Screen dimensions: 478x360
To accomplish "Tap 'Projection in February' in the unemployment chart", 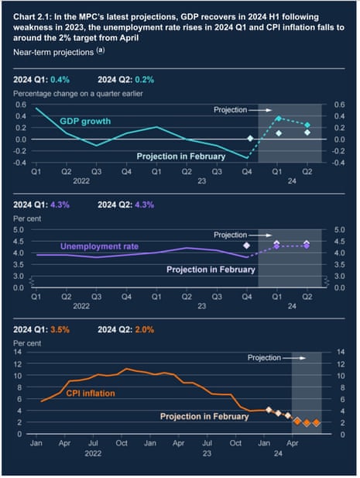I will [x=211, y=270].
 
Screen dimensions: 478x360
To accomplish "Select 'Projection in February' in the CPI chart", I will [x=204, y=416].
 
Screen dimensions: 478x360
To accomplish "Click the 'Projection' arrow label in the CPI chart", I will [x=266, y=358].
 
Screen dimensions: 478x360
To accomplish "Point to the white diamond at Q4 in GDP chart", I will [x=250, y=138].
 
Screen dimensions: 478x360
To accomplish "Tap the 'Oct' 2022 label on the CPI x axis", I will [x=122, y=445].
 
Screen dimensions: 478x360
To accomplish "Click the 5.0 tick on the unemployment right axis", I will [x=338, y=229].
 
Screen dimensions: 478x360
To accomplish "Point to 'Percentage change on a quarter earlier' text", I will [x=81, y=93].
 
